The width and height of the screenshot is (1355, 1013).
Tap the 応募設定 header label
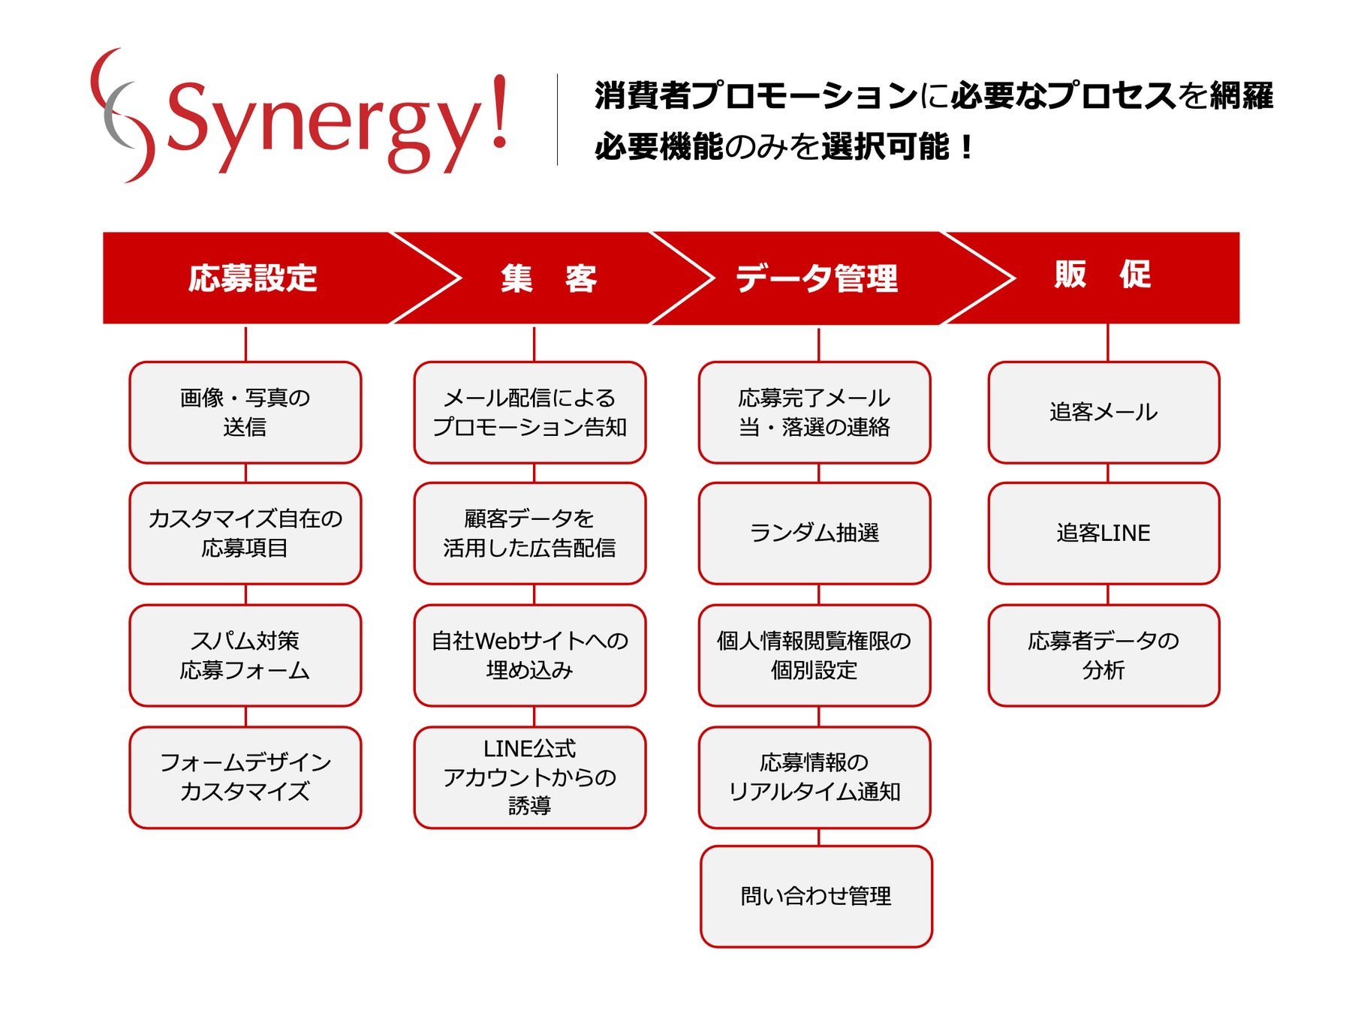[x=252, y=278]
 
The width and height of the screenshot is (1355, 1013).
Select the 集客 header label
[x=549, y=278]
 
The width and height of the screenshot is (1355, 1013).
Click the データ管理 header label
[x=816, y=278]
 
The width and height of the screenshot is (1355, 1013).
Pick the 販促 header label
[x=1102, y=275]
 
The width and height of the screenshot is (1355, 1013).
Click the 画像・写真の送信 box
[x=245, y=413]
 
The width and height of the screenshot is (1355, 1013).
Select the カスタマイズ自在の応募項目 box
[x=245, y=534]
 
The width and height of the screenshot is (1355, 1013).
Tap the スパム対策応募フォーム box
[x=245, y=655]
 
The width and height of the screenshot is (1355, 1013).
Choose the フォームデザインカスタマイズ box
[x=245, y=777]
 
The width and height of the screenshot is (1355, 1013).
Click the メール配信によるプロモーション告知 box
[x=530, y=413]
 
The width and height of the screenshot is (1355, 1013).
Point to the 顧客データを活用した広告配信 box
[x=530, y=534]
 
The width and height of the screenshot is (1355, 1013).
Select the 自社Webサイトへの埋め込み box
[x=530, y=655]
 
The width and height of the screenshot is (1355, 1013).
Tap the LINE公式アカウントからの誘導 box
[x=530, y=777]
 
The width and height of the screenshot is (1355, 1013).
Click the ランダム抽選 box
[x=815, y=534]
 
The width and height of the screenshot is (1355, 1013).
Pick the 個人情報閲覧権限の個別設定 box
[x=815, y=655]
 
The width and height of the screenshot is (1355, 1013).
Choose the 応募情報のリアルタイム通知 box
[x=815, y=777]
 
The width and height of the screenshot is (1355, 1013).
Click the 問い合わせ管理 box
[x=816, y=897]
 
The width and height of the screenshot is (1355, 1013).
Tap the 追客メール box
[x=1104, y=413]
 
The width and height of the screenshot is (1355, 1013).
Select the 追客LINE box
[x=1104, y=534]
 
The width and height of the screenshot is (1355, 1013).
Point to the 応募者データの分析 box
[x=1104, y=655]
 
